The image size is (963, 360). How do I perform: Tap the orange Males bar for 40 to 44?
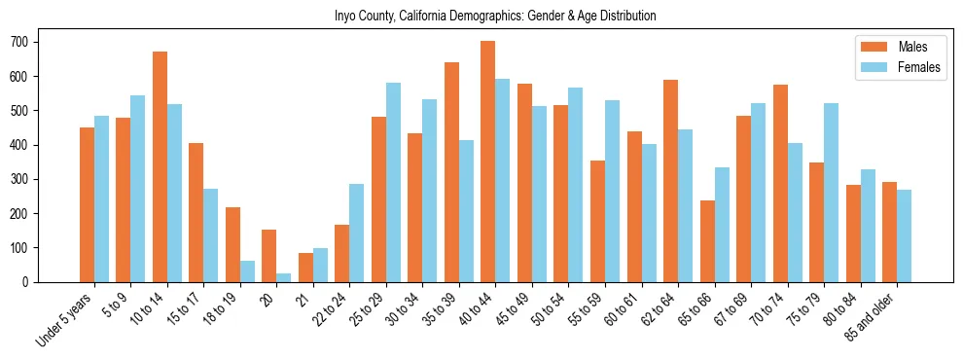coord(488,162)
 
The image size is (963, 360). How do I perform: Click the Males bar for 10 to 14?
coord(160,166)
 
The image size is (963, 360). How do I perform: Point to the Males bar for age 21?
coord(305,268)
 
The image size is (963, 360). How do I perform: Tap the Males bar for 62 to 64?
coord(671,181)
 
